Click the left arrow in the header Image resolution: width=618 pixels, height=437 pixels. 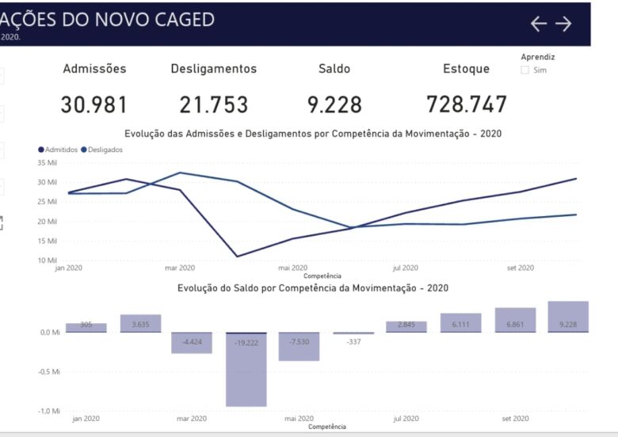(x=539, y=24)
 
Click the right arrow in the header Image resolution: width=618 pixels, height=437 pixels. (x=563, y=24)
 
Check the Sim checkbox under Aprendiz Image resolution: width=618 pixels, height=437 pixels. (x=525, y=70)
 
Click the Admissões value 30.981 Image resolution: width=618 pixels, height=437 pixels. (x=94, y=104)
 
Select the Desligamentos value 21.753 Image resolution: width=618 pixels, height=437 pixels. (x=214, y=104)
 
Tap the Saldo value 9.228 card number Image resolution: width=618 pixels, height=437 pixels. (x=334, y=104)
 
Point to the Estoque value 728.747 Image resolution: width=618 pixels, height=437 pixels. (x=467, y=104)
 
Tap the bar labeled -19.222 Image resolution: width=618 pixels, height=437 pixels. (x=246, y=369)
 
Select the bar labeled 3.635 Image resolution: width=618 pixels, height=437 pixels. (x=141, y=323)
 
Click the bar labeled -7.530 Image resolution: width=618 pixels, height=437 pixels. (x=299, y=346)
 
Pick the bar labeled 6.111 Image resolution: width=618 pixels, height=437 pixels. (x=461, y=322)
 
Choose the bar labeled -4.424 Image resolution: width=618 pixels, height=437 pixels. (x=192, y=342)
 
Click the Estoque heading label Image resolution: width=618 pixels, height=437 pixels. (x=466, y=69)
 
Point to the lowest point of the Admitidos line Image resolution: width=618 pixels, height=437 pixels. (x=237, y=256)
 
